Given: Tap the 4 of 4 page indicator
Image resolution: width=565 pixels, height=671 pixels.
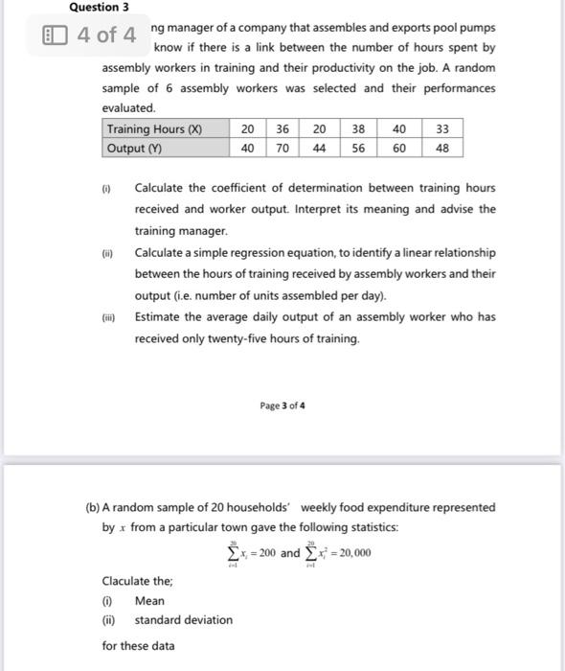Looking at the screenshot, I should click(x=107, y=35).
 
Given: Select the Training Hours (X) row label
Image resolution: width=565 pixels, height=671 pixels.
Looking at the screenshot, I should click(x=154, y=129).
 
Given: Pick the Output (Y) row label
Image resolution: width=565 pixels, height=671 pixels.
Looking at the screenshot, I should click(x=134, y=148).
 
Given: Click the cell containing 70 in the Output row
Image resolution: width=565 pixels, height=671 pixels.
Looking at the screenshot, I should click(x=282, y=148).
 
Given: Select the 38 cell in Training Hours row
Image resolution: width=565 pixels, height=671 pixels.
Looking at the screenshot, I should click(x=357, y=129).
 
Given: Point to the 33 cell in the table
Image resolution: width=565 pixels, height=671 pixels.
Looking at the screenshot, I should click(x=441, y=129).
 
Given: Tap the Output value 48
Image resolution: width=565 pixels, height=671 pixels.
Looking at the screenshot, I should click(x=441, y=148).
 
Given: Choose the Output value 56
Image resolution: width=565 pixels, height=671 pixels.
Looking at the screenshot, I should click(x=357, y=148).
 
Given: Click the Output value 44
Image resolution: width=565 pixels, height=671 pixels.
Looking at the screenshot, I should click(x=319, y=148).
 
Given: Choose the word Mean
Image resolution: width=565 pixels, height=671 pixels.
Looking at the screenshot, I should click(x=149, y=601).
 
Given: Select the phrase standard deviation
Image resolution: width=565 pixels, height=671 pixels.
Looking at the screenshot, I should click(x=183, y=620).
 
